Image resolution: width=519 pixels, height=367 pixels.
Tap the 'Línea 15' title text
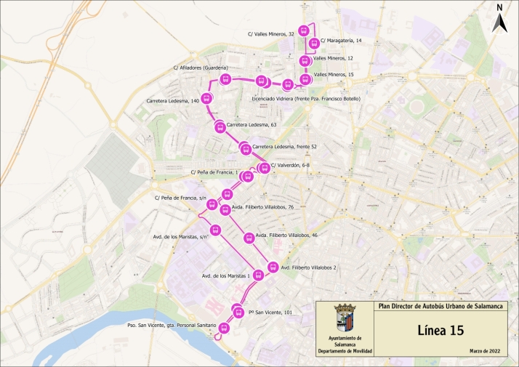tap(440, 331)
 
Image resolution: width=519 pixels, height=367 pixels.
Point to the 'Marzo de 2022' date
tap(484, 352)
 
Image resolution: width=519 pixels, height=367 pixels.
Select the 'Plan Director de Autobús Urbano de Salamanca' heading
tap(441, 306)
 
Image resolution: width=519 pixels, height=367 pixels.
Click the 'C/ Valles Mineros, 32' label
tap(271, 34)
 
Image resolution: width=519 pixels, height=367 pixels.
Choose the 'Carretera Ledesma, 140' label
tap(173, 100)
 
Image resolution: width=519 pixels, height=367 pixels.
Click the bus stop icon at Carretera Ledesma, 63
tap(220, 127)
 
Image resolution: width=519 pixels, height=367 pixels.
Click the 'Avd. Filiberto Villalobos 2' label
tap(308, 267)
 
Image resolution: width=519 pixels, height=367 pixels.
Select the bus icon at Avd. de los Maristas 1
tap(257, 275)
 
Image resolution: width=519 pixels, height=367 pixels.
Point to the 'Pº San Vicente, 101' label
tap(270, 312)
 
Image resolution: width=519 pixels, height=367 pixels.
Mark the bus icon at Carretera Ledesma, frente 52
tap(245, 149)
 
